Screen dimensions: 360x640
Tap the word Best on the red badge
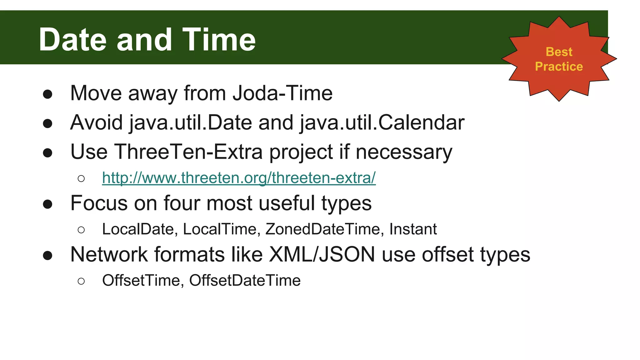pyautogui.click(x=559, y=52)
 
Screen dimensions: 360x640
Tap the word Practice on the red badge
pyautogui.click(x=559, y=67)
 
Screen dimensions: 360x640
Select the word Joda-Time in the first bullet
pyautogui.click(x=283, y=93)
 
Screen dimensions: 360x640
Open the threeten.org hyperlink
pyautogui.click(x=239, y=178)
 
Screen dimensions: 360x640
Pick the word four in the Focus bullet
pyautogui.click(x=182, y=203)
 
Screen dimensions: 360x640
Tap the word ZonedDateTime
pyautogui.click(x=323, y=229)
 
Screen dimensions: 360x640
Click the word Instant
pyautogui.click(x=413, y=229)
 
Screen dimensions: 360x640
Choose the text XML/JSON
pyautogui.click(x=322, y=254)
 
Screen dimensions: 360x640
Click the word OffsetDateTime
pyautogui.click(x=245, y=280)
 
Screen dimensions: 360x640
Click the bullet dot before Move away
pyautogui.click(x=47, y=94)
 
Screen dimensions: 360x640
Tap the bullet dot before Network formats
pyautogui.click(x=47, y=255)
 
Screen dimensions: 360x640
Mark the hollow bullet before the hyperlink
pyautogui.click(x=81, y=178)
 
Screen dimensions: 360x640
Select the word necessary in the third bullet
pyautogui.click(x=404, y=152)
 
